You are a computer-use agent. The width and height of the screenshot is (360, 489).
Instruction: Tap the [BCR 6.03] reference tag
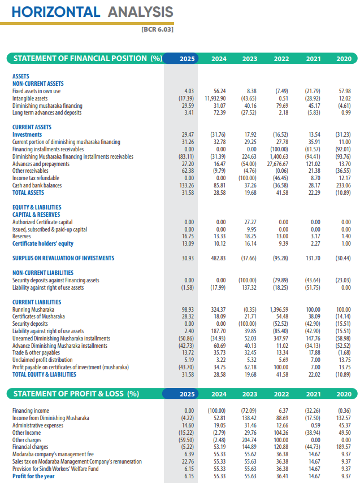(157, 29)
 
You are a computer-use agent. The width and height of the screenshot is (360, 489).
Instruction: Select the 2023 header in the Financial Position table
(249, 59)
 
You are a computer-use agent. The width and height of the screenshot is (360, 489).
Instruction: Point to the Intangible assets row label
(30, 98)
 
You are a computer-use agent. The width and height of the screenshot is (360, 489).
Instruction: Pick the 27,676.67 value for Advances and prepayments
(277, 164)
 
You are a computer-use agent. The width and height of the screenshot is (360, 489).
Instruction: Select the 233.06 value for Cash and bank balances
(342, 185)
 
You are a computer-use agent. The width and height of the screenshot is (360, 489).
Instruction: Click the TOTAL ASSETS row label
(28, 193)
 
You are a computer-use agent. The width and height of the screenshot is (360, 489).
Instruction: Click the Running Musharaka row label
(33, 309)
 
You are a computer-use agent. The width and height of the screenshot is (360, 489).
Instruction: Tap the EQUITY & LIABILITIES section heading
(37, 207)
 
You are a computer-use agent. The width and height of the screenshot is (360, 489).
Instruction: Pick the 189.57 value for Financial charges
(342, 446)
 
